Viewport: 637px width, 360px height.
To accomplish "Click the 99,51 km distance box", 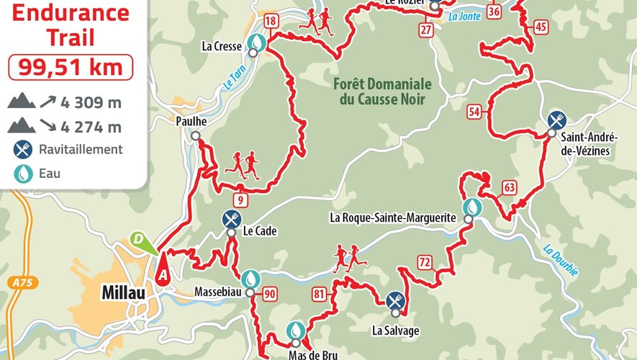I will (x=70, y=67).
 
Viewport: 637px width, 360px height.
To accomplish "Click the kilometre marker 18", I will (x=271, y=21).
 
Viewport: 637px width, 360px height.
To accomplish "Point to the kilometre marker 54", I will (x=474, y=111).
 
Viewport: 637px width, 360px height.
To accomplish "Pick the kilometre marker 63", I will (x=510, y=189).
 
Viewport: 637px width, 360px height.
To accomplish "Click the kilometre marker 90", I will (x=270, y=293).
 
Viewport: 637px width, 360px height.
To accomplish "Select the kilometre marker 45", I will (x=541, y=27).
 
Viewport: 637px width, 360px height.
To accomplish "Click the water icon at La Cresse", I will (x=256, y=44).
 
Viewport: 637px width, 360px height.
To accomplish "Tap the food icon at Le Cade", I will (x=230, y=217).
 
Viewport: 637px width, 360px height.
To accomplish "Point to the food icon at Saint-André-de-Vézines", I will (x=555, y=120).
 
